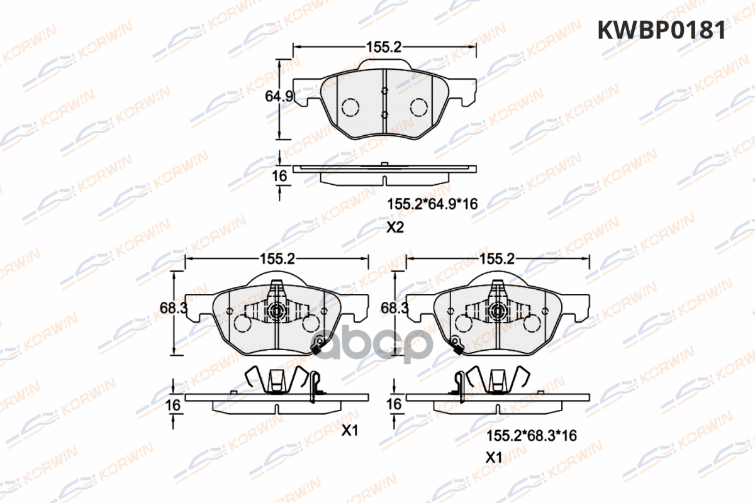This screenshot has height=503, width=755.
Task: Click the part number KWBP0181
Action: (x=661, y=30)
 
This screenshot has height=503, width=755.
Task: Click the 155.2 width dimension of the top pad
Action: (x=384, y=47)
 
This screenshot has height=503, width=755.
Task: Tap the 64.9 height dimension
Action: (x=279, y=96)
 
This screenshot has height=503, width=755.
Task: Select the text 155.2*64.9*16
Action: (x=432, y=204)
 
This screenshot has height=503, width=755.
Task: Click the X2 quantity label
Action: (x=395, y=228)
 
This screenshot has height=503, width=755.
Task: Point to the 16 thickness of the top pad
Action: (x=279, y=176)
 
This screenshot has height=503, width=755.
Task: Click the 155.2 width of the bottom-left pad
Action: (x=277, y=259)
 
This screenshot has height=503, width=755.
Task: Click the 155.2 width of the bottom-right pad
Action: (x=497, y=259)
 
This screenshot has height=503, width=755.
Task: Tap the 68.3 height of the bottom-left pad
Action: (x=173, y=307)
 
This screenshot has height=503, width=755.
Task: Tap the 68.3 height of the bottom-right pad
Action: (x=394, y=307)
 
